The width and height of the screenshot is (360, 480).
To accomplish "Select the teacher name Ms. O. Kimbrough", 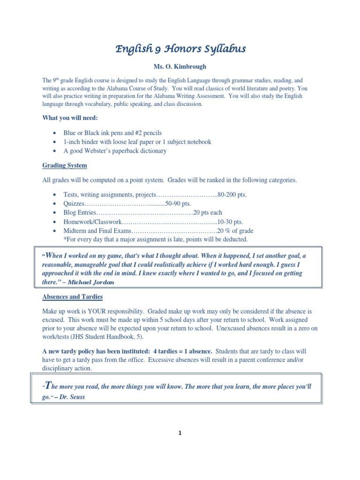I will coord(180,67).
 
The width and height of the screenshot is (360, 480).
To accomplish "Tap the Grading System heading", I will coord(65,166).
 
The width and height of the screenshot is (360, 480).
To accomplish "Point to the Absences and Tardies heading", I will coord(73,297).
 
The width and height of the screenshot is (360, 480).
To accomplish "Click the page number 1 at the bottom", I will coord(180,433).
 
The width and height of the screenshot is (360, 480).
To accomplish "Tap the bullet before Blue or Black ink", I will coord(56,133).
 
